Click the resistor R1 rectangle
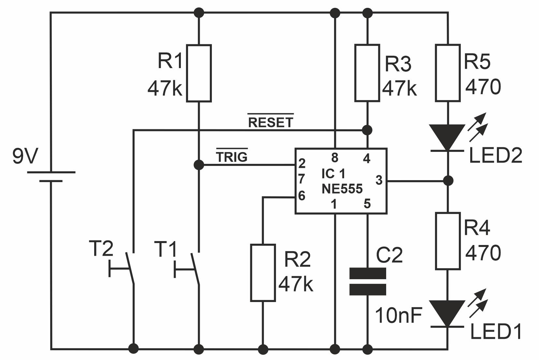[x=199, y=73]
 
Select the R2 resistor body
[x=263, y=272]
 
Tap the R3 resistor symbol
[x=367, y=73]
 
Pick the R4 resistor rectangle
[x=448, y=241]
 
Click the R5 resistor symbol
[x=448, y=73]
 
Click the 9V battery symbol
[x=51, y=176]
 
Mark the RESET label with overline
[x=270, y=122]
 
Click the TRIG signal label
[x=232, y=157]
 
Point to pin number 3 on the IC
[x=379, y=180]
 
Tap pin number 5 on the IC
[x=367, y=204]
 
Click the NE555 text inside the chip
[x=342, y=189]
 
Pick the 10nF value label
[x=398, y=315]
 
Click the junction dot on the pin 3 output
[x=448, y=180]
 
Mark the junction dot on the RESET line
[x=367, y=130]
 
